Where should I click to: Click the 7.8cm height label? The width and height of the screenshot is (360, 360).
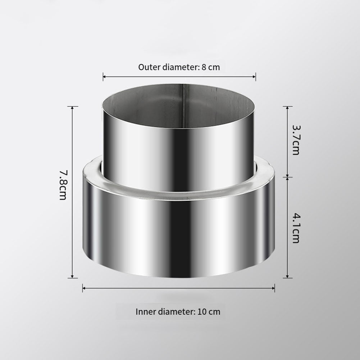(63, 185)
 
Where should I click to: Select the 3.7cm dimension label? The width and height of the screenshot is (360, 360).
(296, 140)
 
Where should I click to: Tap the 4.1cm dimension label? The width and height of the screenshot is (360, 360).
(296, 228)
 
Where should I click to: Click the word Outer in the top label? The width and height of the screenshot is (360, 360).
(150, 67)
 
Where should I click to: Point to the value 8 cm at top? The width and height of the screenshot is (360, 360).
(211, 67)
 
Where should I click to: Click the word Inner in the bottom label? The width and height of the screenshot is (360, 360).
(146, 311)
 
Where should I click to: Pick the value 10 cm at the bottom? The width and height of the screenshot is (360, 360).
(209, 311)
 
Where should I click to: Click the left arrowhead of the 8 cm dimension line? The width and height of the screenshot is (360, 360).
(104, 77)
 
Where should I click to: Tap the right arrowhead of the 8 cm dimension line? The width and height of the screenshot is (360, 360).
(254, 77)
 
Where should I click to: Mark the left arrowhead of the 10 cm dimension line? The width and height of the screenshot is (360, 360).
(84, 288)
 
